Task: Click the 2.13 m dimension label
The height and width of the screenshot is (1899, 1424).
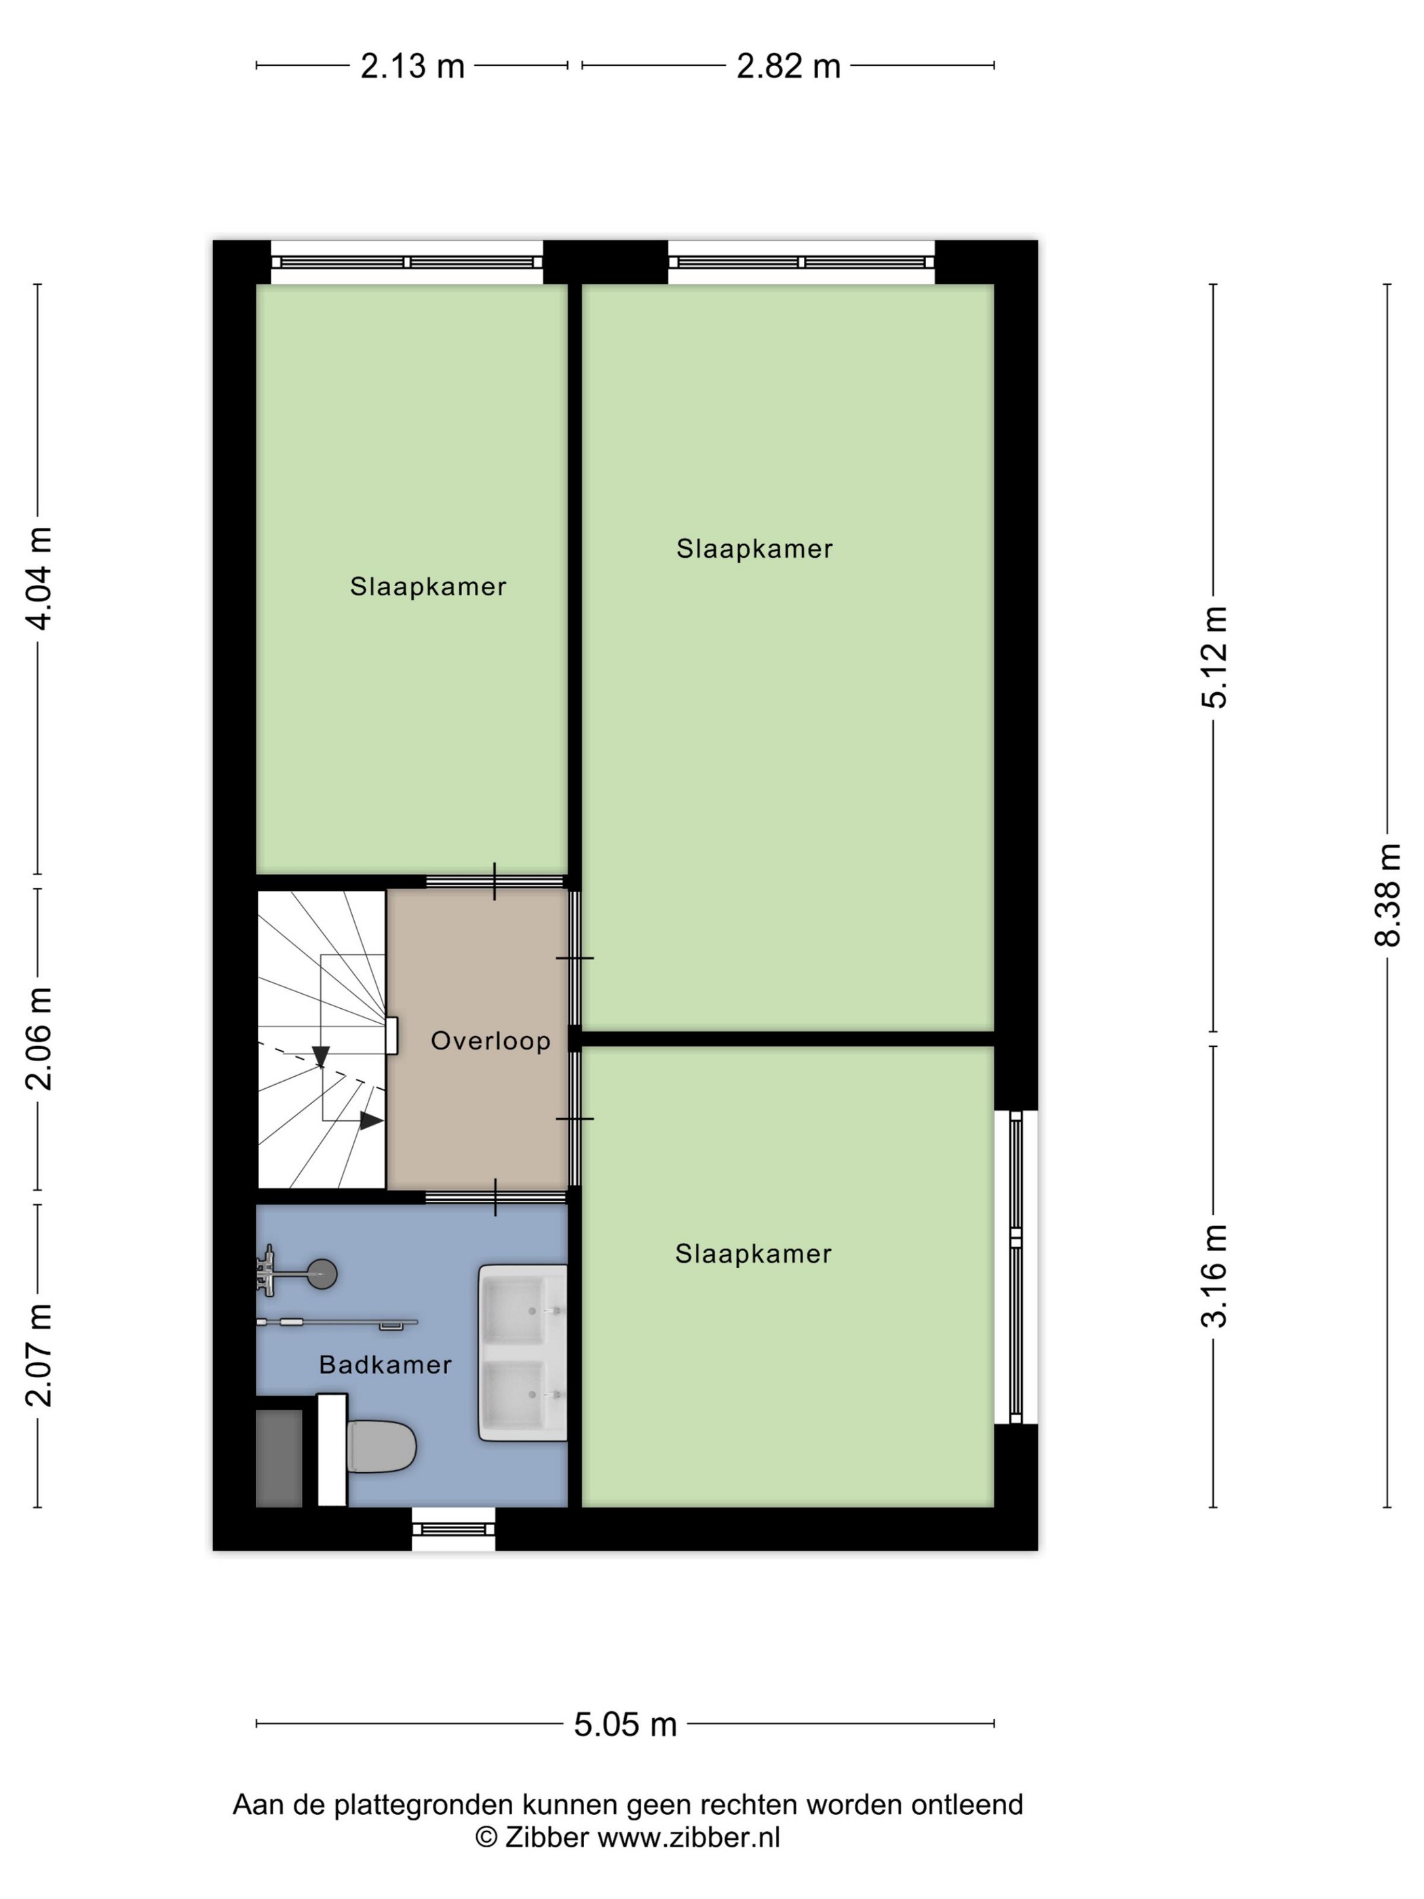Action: coord(412,66)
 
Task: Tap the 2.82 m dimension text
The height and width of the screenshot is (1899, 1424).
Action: coord(788,66)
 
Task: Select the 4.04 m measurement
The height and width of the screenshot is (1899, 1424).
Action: coord(39,579)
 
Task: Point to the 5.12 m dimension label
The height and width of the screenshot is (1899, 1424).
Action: coord(1214,657)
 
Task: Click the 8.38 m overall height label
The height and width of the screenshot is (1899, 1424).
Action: coord(1387,895)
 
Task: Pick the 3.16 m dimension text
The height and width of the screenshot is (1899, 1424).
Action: coord(1214,1275)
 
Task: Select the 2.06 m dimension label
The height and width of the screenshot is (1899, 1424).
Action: coord(39,1039)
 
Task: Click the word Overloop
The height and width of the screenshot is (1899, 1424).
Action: coord(490,1041)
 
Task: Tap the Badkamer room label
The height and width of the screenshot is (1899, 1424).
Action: coord(385,1365)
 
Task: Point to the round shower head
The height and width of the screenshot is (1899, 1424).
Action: coord(322,1273)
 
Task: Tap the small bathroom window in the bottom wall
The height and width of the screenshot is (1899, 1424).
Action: coord(453,1529)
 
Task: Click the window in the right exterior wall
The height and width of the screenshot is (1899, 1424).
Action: coord(1016,1267)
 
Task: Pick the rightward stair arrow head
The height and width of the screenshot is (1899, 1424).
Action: coord(371,1120)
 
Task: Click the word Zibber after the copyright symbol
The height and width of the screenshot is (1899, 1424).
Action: coord(547,1837)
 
